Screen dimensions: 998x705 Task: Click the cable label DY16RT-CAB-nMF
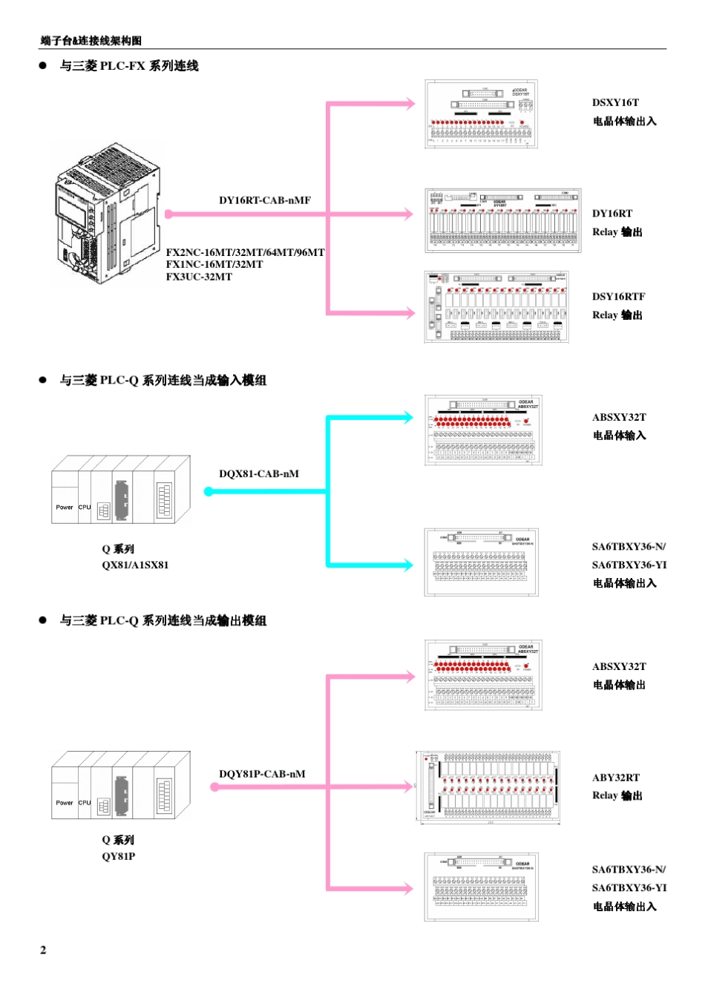click(264, 200)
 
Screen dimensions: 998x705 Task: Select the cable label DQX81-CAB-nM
click(259, 474)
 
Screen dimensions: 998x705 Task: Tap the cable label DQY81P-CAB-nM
click(262, 774)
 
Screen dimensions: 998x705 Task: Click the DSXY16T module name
click(615, 103)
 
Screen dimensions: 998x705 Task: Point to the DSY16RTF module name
click(618, 297)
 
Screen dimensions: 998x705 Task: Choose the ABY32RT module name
click(615, 778)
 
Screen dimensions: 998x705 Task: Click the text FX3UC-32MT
click(199, 277)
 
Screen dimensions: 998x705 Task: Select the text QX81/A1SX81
click(135, 565)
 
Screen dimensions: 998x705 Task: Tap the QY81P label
click(119, 856)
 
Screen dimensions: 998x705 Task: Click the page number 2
click(43, 950)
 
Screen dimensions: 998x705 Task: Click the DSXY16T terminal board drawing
click(481, 114)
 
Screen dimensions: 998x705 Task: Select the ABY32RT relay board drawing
click(488, 787)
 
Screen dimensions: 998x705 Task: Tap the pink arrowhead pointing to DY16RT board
click(407, 214)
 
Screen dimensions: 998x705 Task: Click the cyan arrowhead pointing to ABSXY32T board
click(407, 417)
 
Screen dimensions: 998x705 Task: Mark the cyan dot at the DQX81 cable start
click(209, 491)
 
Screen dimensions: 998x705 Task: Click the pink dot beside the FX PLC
click(168, 214)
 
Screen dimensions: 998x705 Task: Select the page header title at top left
click(91, 41)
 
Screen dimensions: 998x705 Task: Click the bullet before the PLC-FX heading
click(43, 65)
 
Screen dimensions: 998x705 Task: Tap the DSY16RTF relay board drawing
click(496, 307)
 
